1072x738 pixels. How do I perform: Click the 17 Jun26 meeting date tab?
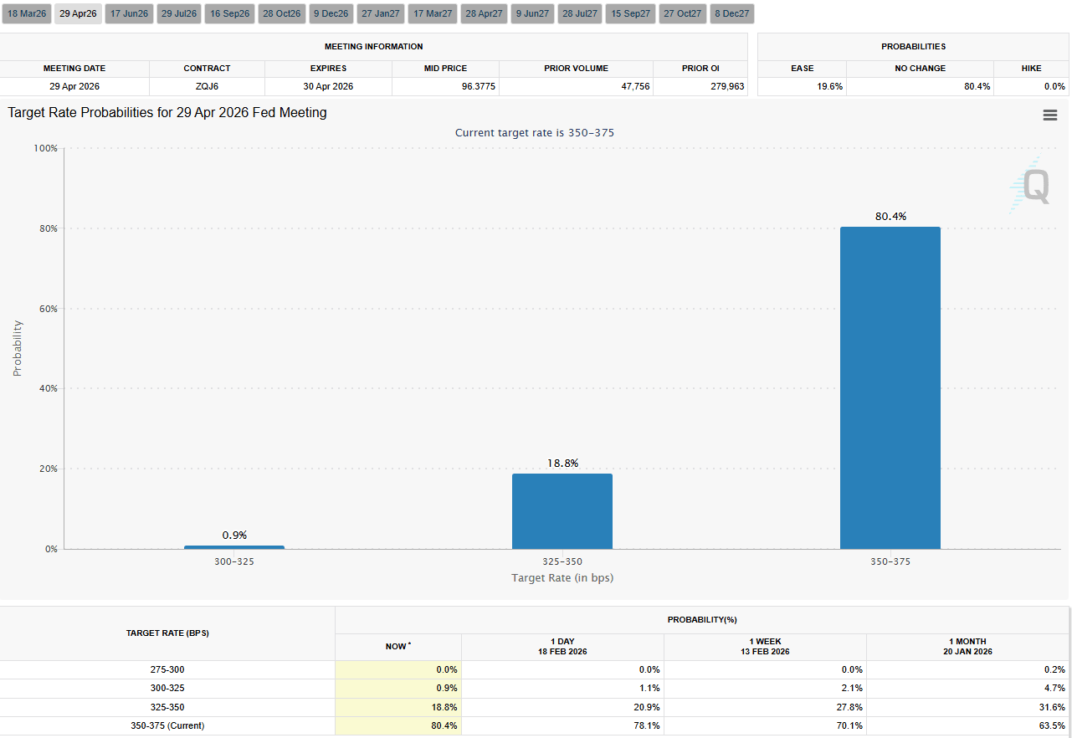(x=128, y=13)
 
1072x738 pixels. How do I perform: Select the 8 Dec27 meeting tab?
(x=731, y=13)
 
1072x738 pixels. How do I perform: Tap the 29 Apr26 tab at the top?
(x=78, y=13)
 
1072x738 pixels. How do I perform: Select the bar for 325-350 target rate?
(x=562, y=510)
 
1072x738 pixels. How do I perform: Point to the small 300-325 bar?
(x=234, y=547)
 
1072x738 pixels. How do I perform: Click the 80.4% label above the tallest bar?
(x=890, y=216)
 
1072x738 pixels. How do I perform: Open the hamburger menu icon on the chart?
(x=1049, y=115)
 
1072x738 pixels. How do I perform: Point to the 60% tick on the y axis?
(x=47, y=309)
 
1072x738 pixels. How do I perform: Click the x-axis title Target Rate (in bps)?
(x=562, y=578)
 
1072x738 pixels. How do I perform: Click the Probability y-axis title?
(x=18, y=348)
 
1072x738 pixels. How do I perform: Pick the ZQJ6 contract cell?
(x=207, y=86)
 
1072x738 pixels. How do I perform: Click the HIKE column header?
(x=1031, y=68)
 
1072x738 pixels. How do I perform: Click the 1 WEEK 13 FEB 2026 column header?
(x=765, y=646)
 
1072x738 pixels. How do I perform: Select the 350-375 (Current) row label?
(x=167, y=725)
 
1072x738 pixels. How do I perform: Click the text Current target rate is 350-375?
(x=535, y=132)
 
